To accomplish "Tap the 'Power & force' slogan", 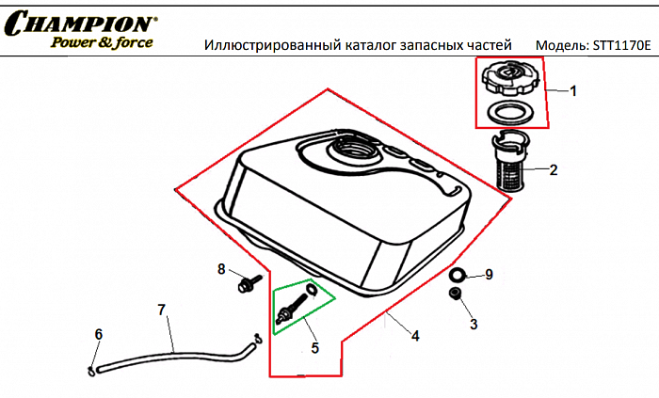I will tap(101, 42).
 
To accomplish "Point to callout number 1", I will tap(573, 91).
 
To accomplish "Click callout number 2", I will tap(554, 170).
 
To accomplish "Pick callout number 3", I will tap(474, 325).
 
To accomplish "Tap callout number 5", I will tap(314, 347).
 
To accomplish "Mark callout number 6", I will tap(98, 334).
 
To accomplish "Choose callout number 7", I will tap(161, 310).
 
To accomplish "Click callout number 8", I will tap(222, 269).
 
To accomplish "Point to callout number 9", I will tap(489, 275).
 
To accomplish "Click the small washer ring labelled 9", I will tap(458, 275).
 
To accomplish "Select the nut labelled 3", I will tap(455, 297).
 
